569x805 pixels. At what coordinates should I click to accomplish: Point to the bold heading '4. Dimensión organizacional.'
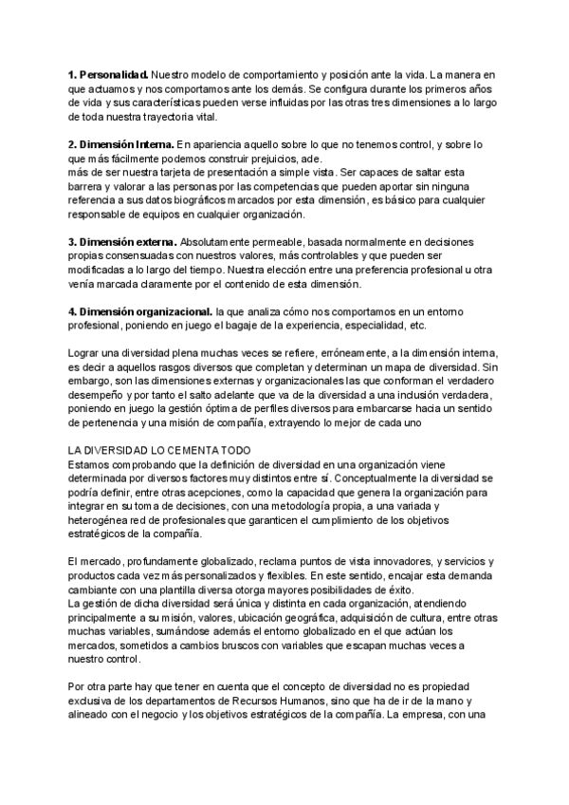point(139,310)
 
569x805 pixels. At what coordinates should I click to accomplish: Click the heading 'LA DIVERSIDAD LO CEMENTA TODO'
point(157,451)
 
